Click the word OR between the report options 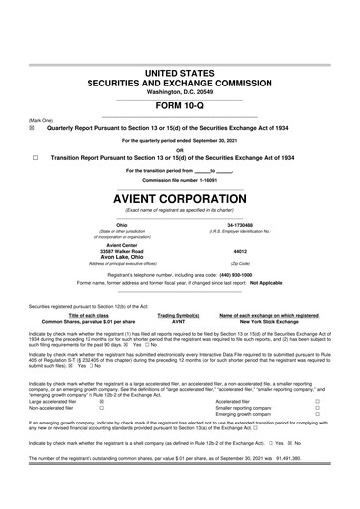coord(180,150)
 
